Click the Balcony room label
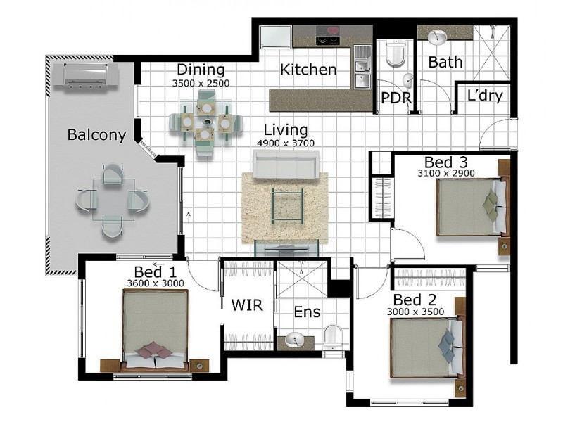pos(96,135)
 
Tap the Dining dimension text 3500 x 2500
pos(201,83)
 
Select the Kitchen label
pos(308,69)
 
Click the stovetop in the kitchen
pos(327,35)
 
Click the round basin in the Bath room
pos(437,37)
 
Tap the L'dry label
pos(485,96)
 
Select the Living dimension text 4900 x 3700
pos(286,143)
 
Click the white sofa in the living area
pos(286,164)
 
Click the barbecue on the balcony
pos(85,76)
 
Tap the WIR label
pos(247,305)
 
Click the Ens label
pos(307,312)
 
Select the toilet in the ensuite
pos(332,337)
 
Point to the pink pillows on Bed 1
pos(154,349)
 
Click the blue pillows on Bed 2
pos(447,345)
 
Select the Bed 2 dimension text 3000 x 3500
pos(415,312)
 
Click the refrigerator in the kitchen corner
pos(276,37)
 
